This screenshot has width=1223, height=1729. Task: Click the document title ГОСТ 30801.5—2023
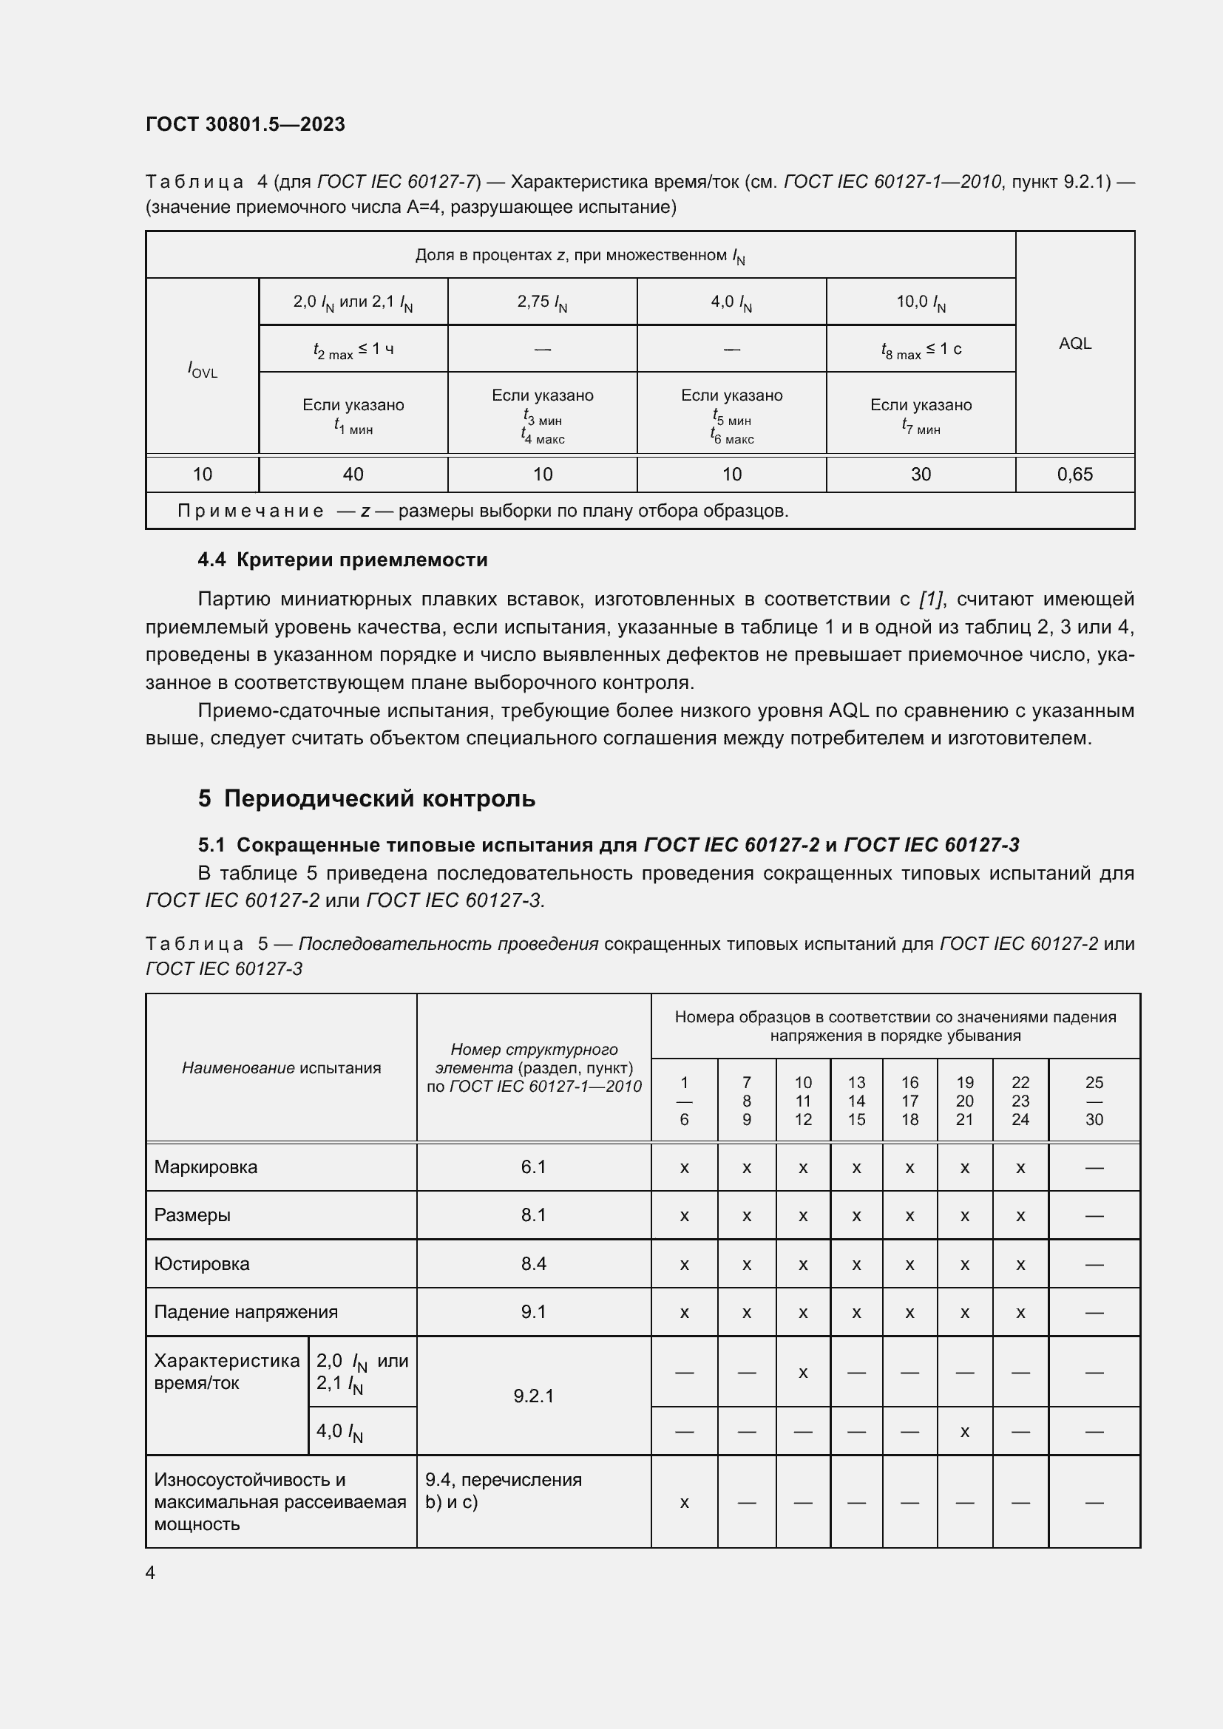(x=245, y=124)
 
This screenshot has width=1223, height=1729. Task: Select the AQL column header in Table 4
(x=1074, y=344)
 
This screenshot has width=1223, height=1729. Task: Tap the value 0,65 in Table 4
(x=1074, y=475)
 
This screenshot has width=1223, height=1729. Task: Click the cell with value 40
(x=353, y=475)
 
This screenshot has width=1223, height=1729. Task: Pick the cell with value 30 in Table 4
(x=921, y=475)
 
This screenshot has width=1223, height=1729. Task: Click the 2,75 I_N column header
(x=542, y=302)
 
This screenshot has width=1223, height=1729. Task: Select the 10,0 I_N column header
(x=921, y=302)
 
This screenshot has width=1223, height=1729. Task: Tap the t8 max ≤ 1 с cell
(x=921, y=350)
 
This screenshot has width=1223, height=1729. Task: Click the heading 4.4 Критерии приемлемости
(x=342, y=560)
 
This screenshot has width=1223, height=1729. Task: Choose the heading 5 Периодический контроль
(x=367, y=798)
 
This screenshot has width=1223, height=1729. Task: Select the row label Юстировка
(x=201, y=1263)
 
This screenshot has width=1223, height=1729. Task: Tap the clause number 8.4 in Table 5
(x=533, y=1263)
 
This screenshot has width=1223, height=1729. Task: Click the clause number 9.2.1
(x=533, y=1396)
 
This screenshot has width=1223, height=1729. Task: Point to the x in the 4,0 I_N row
(x=964, y=1432)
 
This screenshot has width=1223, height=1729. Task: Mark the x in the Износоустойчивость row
(x=684, y=1502)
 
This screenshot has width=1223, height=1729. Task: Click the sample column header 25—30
(x=1094, y=1101)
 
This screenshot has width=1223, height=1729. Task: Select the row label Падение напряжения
(x=245, y=1312)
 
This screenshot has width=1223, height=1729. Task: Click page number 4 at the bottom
(x=150, y=1572)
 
